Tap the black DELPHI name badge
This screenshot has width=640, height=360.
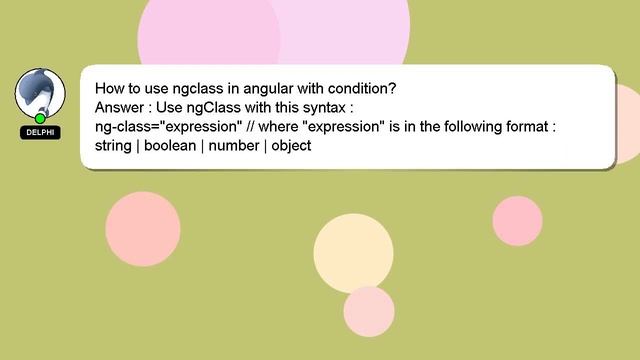click(x=40, y=132)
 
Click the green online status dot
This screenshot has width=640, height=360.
click(x=40, y=118)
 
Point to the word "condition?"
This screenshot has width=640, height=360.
click(x=361, y=88)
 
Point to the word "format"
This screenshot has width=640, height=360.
click(x=525, y=126)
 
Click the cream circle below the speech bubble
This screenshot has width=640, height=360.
click(x=353, y=253)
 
